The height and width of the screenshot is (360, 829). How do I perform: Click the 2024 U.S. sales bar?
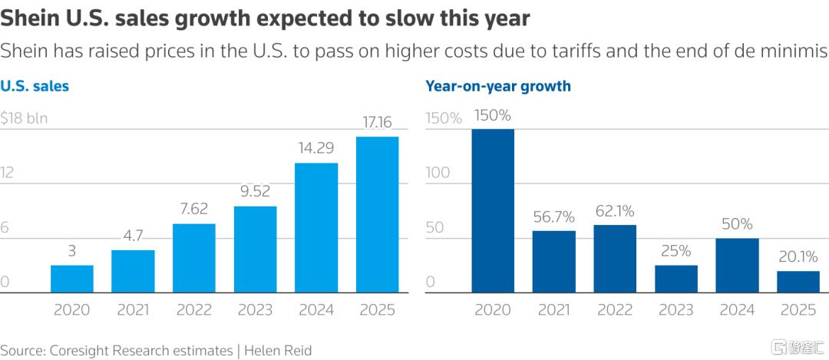pos(316,227)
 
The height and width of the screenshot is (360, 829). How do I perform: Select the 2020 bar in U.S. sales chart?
pos(72,279)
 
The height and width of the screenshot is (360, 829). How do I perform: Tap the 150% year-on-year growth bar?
pos(493,210)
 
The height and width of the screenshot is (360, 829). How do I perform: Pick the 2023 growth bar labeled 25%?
pos(676,279)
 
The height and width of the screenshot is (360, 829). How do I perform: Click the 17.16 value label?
pos(377,123)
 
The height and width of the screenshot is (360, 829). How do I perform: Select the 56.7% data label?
pos(553,217)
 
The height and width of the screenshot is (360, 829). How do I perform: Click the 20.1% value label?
pos(798,257)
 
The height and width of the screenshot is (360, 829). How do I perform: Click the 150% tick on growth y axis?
pos(444,118)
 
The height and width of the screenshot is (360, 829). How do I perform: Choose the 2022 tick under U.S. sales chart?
pos(194,310)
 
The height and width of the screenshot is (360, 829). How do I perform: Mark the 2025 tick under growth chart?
pos(798,310)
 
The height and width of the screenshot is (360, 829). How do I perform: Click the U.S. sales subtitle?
pos(35,86)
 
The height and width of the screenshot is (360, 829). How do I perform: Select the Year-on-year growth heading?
pos(498,86)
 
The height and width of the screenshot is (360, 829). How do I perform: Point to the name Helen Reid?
pos(279,350)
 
